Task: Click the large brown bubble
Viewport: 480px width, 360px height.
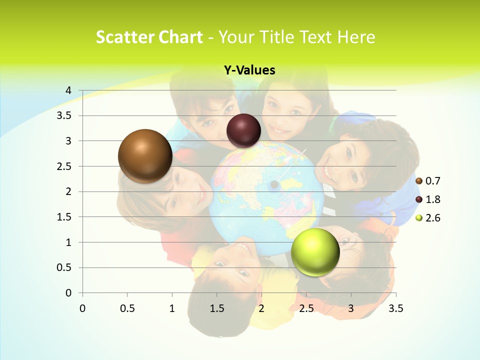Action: [145, 156]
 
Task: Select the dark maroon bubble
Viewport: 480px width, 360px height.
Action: [244, 130]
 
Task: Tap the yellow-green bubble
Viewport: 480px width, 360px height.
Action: [315, 252]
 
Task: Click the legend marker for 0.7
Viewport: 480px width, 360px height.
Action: [419, 181]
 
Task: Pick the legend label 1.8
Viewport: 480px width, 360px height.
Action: [432, 199]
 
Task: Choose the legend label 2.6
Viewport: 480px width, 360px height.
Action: [432, 218]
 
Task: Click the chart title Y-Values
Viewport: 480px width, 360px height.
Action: [249, 70]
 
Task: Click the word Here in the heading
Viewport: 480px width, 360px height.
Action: [356, 37]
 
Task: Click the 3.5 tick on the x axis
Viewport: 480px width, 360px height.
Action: [395, 308]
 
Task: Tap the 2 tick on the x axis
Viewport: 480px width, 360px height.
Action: [261, 308]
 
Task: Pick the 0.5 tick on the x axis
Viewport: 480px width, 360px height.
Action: [127, 308]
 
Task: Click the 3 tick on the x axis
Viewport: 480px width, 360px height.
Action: [351, 308]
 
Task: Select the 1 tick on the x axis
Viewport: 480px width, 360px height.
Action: [172, 308]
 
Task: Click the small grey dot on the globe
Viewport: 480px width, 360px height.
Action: [274, 185]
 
